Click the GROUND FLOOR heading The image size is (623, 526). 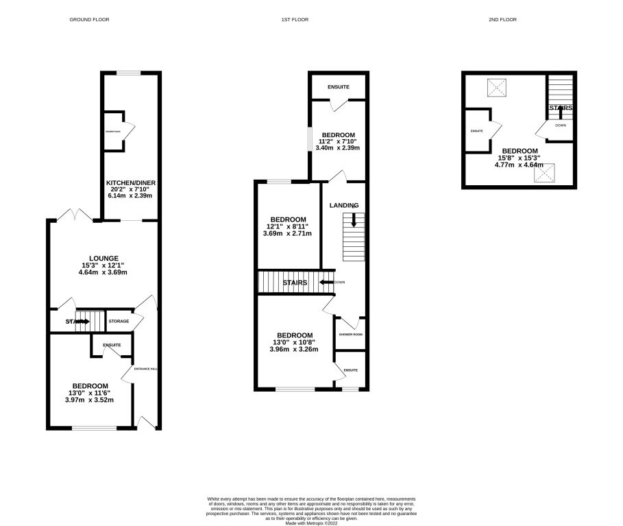coord(89,20)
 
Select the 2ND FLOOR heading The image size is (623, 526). coord(503,20)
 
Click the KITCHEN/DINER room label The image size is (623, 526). coord(131,183)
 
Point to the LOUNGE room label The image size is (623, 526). coord(103,258)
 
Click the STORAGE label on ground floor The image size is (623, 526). coord(119,321)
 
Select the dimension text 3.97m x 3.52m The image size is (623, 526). coord(90,400)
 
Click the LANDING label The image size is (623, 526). coord(343,205)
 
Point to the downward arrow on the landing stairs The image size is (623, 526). coord(354,220)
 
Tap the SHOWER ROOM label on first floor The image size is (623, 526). coord(350,334)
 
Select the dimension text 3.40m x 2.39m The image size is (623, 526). coord(337,147)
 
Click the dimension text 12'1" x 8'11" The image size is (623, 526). coord(288,226)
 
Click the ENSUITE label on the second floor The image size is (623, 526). coord(477,130)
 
